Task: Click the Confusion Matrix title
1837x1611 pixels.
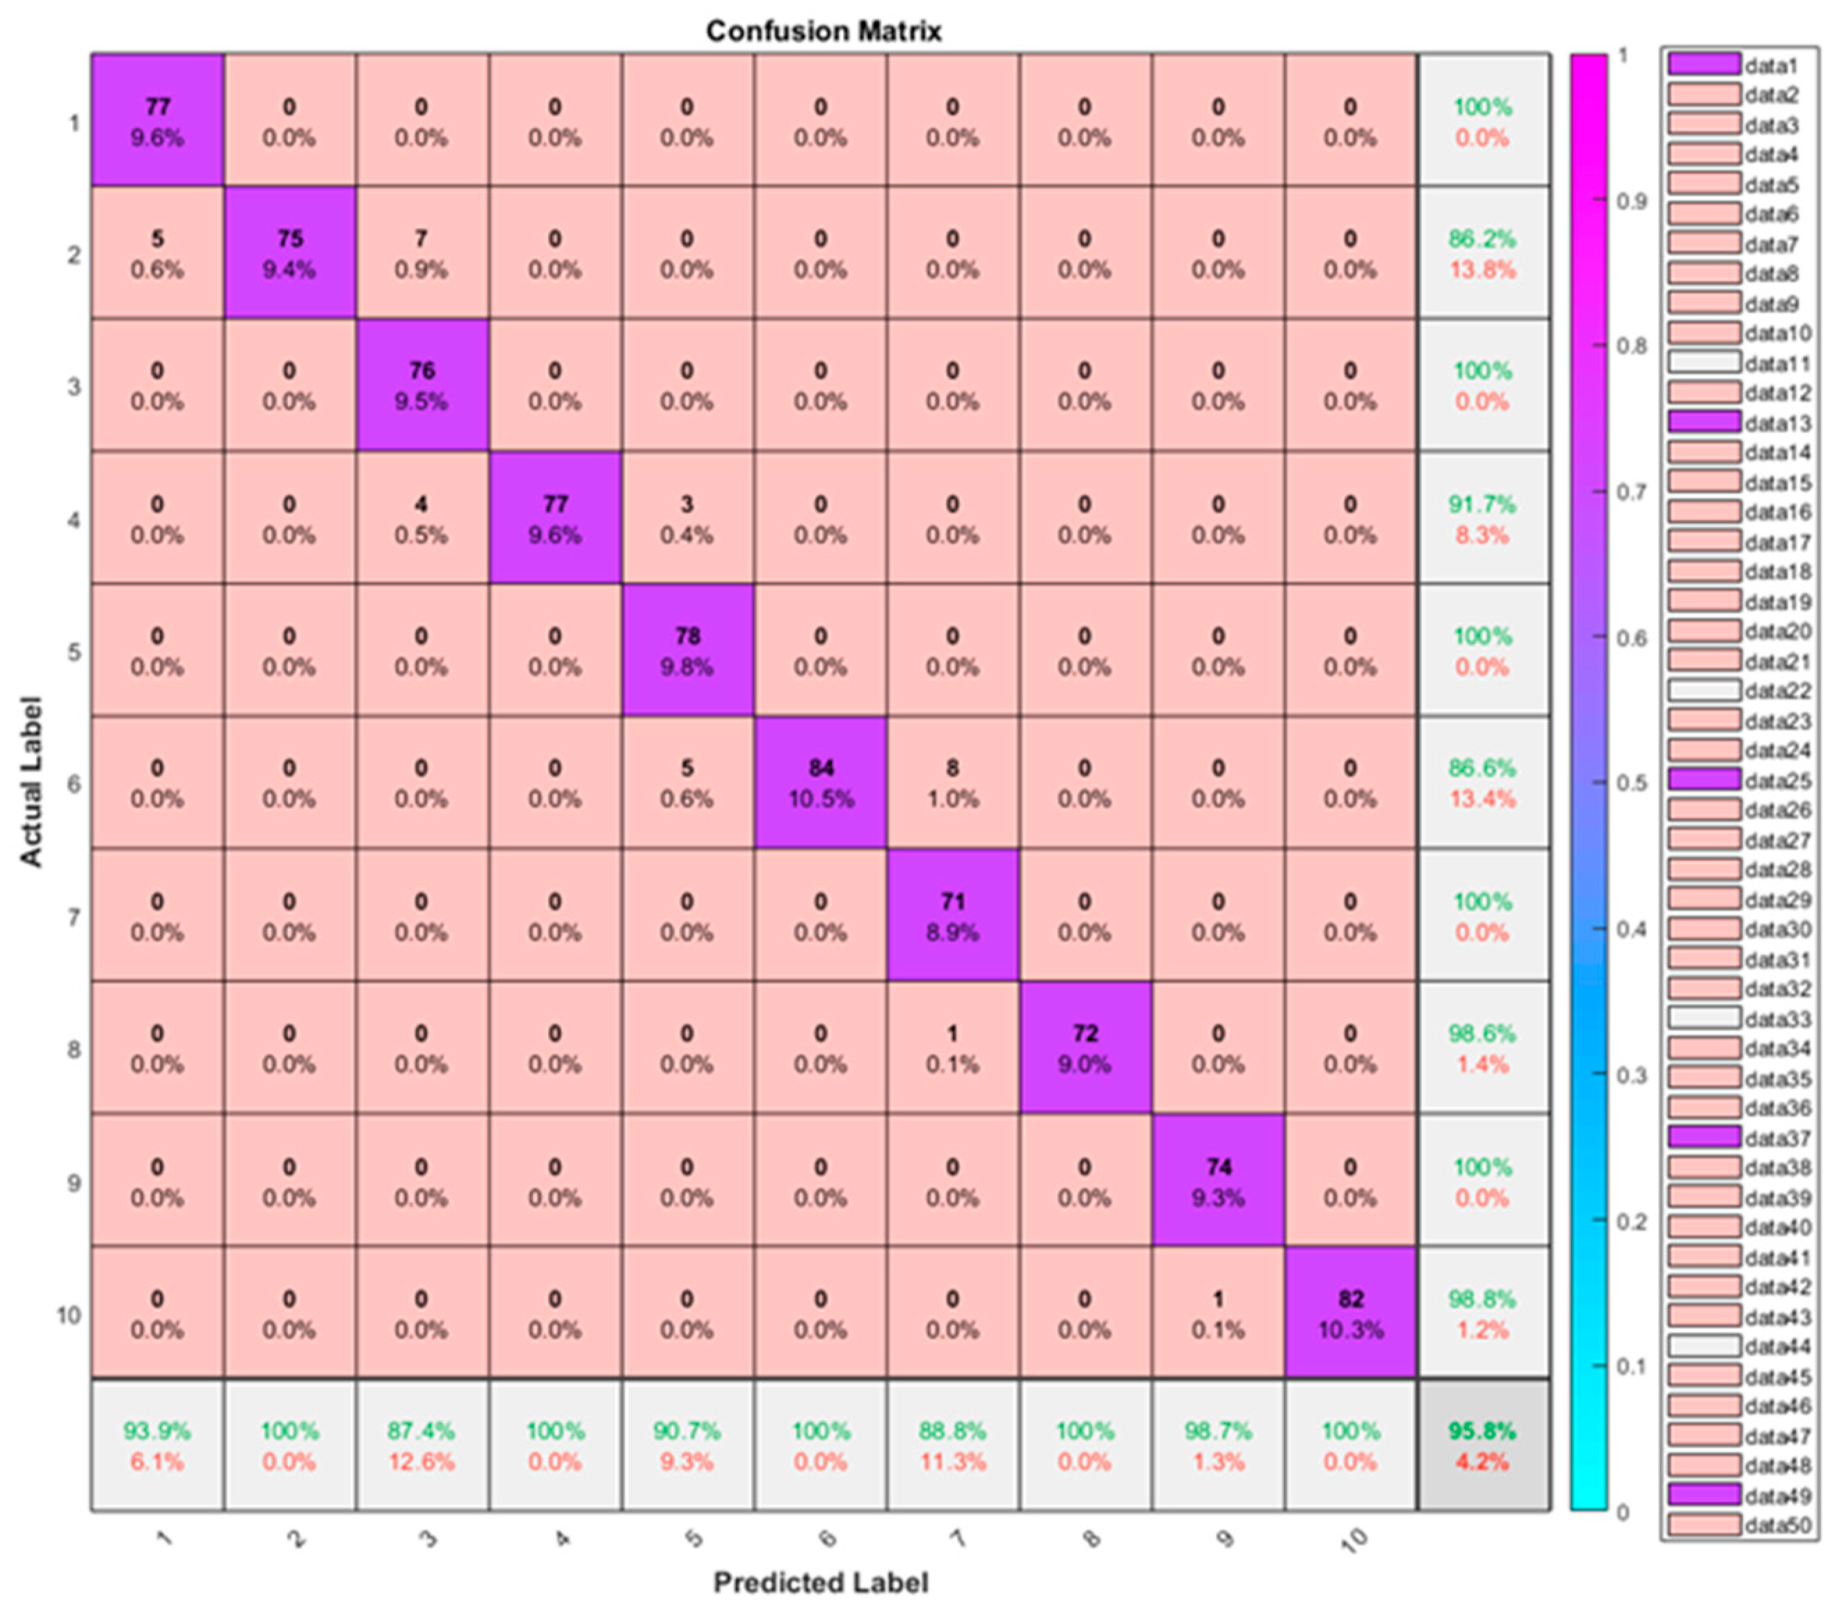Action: (824, 31)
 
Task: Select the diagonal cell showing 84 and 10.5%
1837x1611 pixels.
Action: (821, 783)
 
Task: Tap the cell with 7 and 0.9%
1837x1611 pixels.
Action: (421, 253)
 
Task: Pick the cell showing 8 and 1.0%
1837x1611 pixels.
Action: (953, 783)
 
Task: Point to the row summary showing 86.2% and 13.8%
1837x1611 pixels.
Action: (1482, 253)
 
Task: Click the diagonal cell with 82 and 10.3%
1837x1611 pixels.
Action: (1351, 1313)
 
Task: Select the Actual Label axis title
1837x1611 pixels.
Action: (31, 782)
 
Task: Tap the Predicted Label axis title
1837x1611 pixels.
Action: (821, 1582)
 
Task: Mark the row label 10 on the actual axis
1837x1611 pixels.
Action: (68, 1315)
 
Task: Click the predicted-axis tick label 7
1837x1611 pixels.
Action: (958, 1538)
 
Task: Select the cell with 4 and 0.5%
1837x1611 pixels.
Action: (421, 519)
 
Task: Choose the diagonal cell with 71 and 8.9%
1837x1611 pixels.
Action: (953, 916)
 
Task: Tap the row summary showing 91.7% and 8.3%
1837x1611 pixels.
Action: (1482, 519)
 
